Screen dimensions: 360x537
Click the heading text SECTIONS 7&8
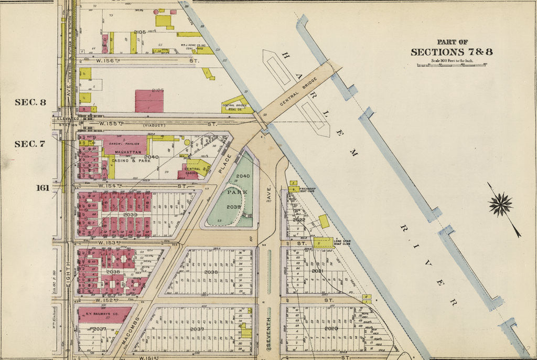(452, 52)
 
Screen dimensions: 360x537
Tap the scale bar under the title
(452, 65)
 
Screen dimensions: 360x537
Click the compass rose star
(501, 204)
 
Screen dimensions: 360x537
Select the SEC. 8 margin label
(30, 102)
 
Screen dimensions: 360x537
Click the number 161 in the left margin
(43, 187)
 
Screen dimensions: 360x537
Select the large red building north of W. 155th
(149, 101)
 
